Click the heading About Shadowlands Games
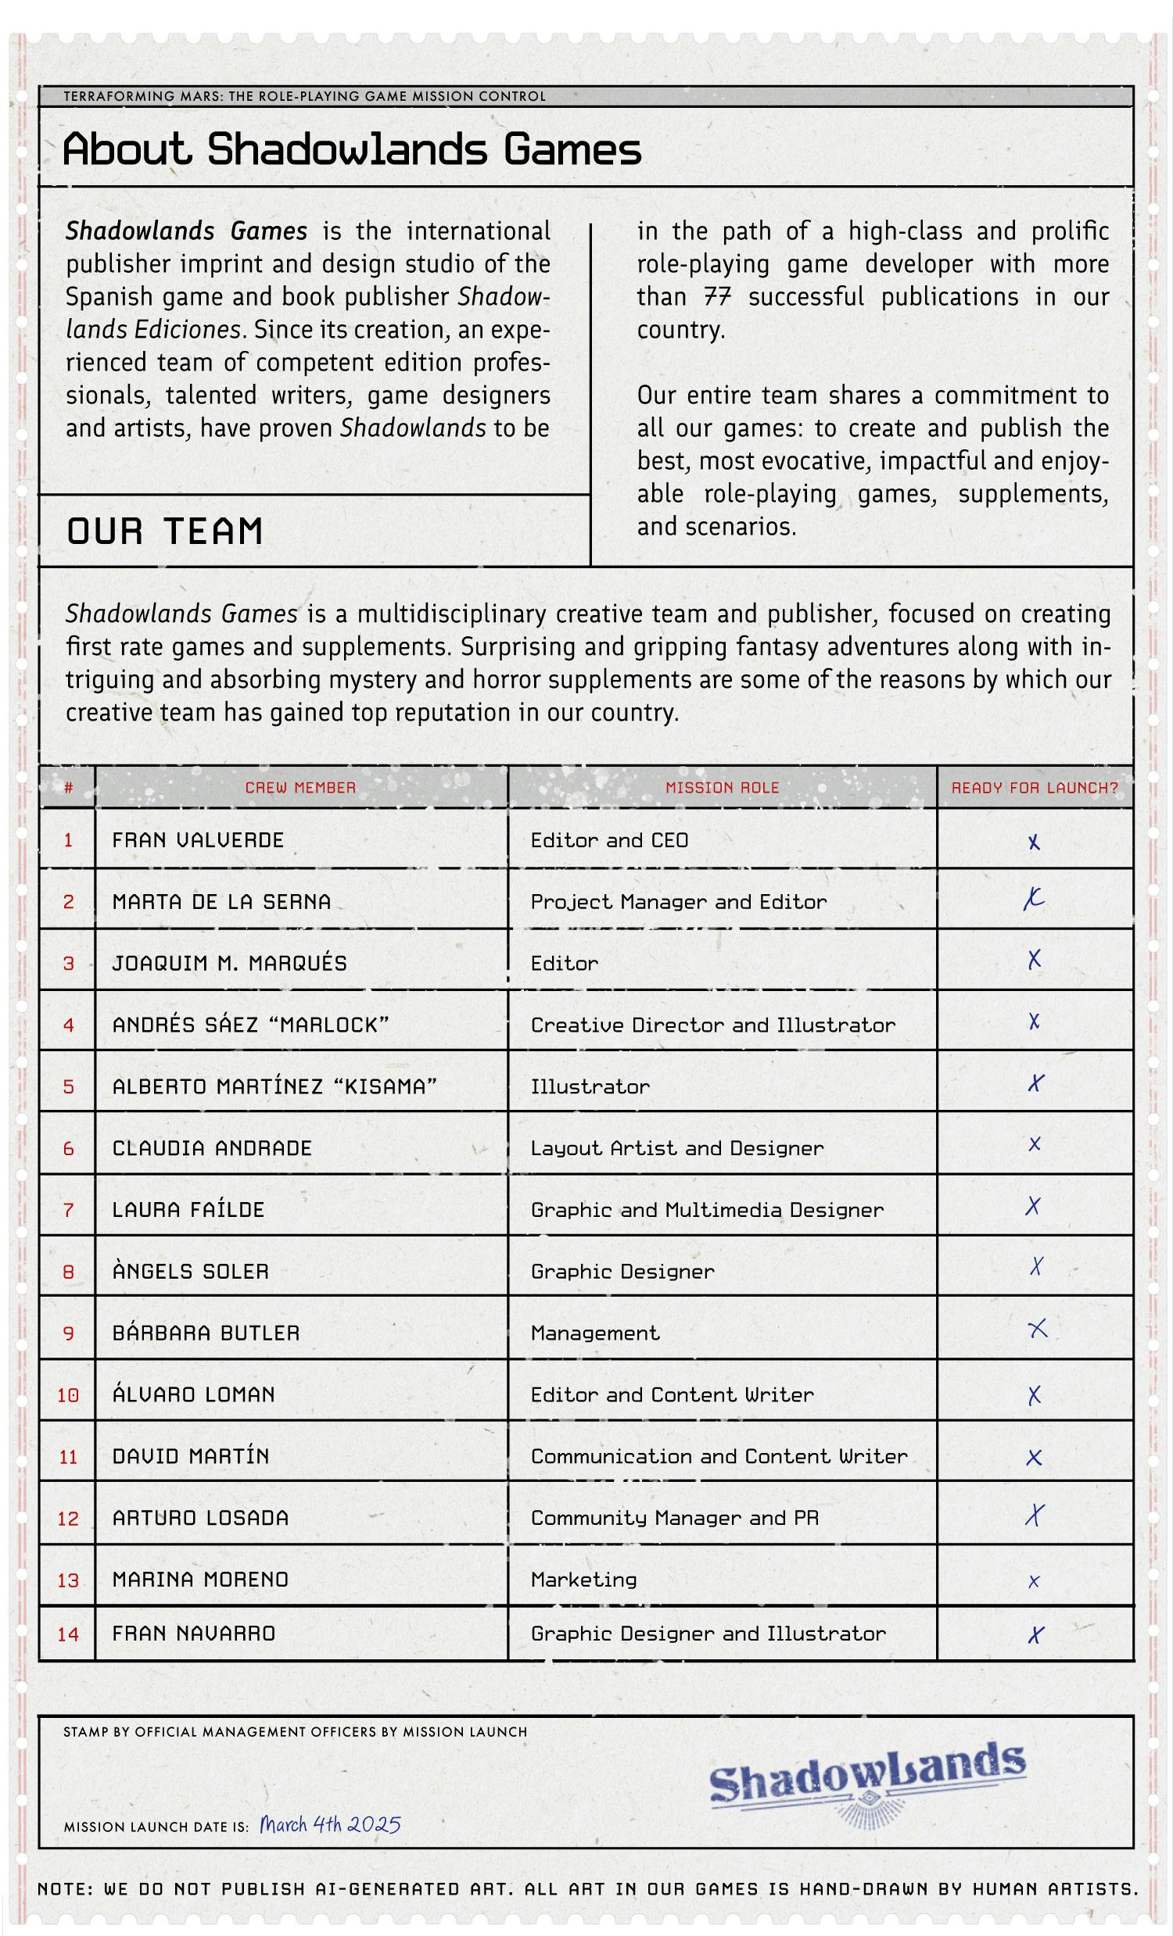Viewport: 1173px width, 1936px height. (x=351, y=149)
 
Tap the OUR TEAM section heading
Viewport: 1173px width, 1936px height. (x=164, y=531)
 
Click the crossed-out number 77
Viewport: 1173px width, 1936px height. (x=718, y=297)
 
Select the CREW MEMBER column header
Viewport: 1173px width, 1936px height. (x=300, y=787)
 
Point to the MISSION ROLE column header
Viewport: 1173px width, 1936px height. (x=722, y=787)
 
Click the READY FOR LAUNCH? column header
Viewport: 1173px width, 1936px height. (x=1034, y=787)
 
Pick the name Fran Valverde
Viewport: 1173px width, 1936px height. (x=197, y=840)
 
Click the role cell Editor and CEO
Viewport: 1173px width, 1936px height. (x=609, y=840)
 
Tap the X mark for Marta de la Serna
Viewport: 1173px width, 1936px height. (x=1033, y=900)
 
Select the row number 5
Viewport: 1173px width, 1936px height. (x=68, y=1086)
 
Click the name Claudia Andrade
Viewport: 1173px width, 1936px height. (x=211, y=1148)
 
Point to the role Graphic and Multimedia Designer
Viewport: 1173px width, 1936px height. (x=707, y=1209)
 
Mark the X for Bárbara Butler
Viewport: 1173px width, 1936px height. (x=1037, y=1329)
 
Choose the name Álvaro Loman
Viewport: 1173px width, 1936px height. (x=193, y=1394)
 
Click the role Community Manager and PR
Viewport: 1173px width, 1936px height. (x=675, y=1517)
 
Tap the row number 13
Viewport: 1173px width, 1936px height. (x=68, y=1580)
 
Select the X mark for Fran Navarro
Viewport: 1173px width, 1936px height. (x=1035, y=1635)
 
